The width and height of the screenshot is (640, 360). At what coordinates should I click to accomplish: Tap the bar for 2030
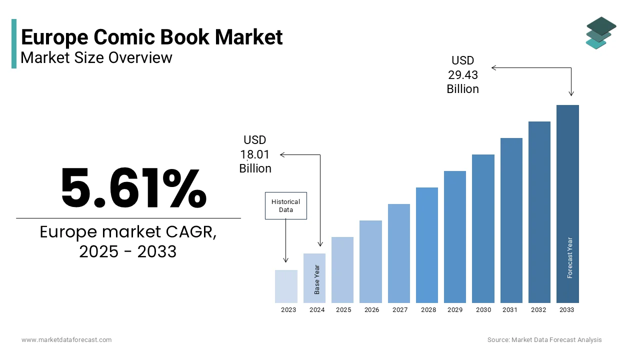pos(483,228)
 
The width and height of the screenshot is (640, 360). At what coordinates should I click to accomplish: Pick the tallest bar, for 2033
pos(567,203)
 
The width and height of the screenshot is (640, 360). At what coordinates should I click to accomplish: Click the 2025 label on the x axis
pos(343,310)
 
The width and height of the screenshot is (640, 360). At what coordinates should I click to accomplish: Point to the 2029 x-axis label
pos(455,310)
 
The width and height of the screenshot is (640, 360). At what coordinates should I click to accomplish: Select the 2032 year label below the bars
pos(538,310)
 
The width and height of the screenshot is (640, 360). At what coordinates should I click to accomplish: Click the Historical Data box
pos(285,205)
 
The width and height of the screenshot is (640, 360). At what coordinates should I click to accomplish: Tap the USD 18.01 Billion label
pos(255,154)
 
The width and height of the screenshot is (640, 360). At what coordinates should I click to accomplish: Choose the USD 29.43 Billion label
pos(462,74)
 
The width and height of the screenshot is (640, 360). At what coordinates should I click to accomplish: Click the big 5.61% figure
pos(133,188)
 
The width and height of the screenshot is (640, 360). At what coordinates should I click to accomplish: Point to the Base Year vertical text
pos(317,279)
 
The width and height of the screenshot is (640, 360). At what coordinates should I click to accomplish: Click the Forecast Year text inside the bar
pos(570,257)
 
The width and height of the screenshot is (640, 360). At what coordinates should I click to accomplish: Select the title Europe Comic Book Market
pos(152,37)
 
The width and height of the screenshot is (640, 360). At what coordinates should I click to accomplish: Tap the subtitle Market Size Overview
pos(96,57)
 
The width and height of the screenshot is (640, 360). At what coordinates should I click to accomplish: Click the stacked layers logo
pos(600,33)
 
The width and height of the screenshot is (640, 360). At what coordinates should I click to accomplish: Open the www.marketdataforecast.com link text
pos(66,340)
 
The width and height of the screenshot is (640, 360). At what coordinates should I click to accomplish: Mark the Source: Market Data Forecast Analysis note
pos(544,340)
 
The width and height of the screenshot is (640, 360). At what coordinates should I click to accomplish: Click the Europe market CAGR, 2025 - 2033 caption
pos(128,241)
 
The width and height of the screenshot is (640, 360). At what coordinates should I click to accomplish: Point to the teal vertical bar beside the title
pos(14,43)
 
